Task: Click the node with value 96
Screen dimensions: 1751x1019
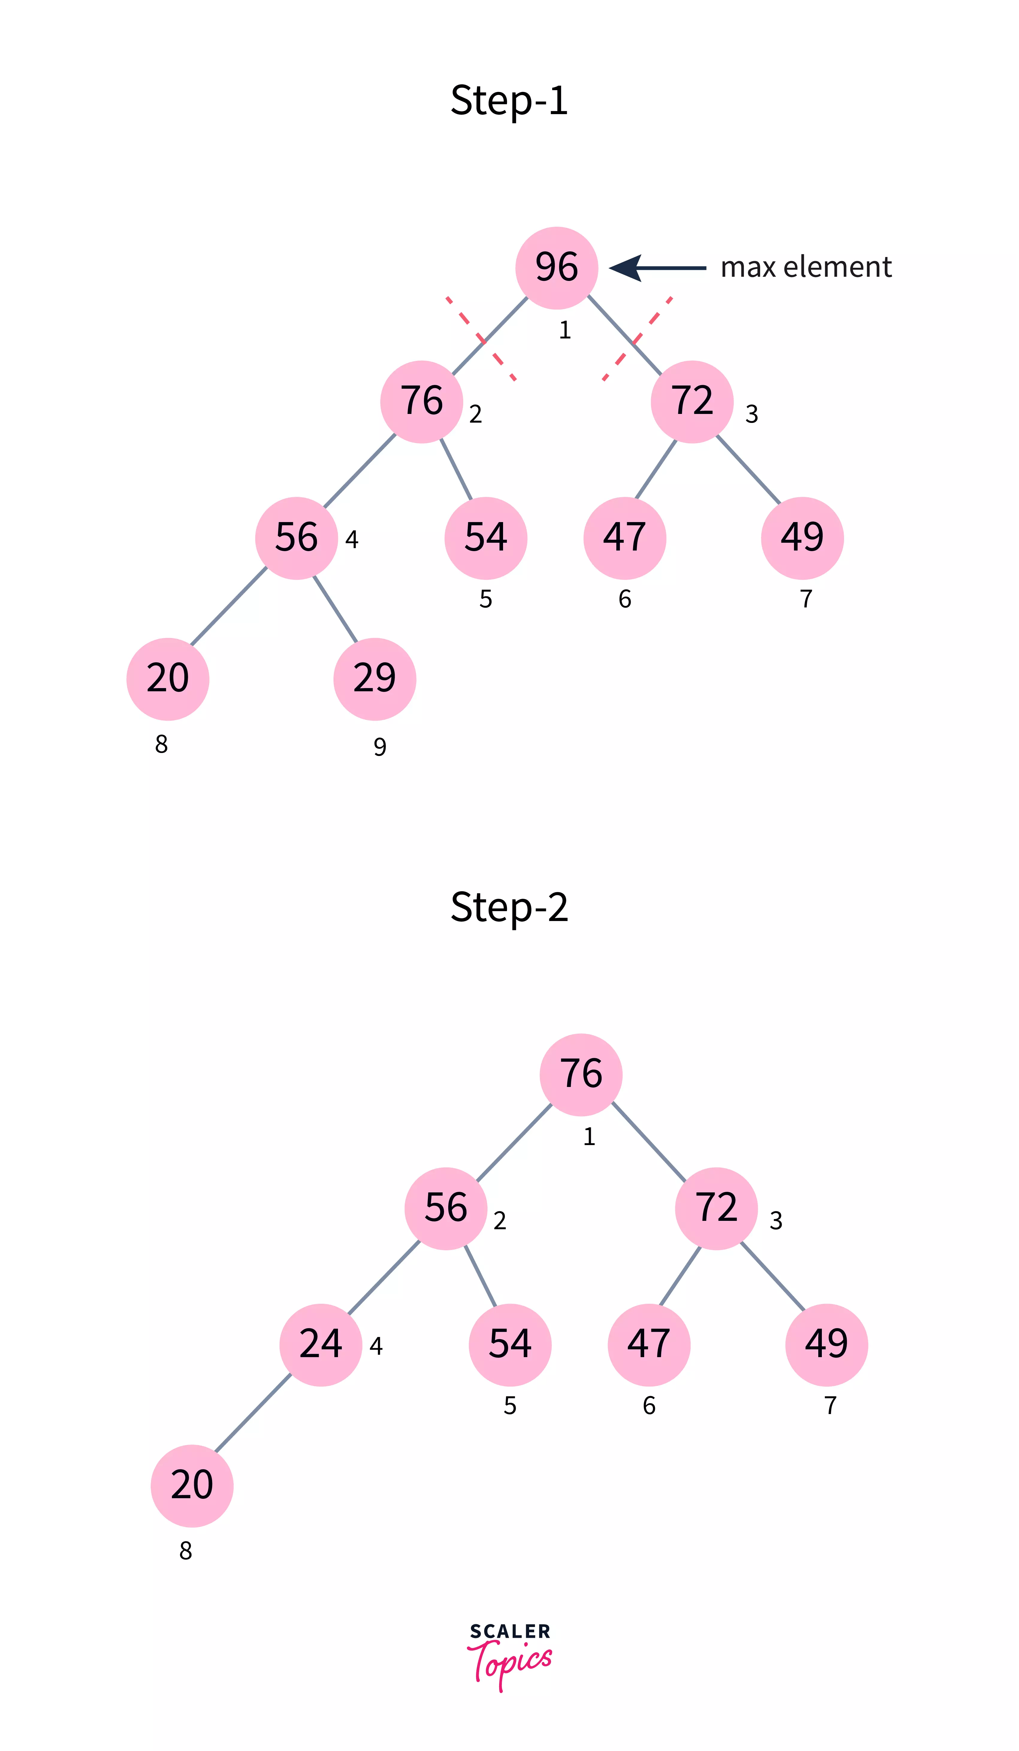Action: pyautogui.click(x=556, y=267)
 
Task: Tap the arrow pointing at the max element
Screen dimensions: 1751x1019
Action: pyautogui.click(x=657, y=267)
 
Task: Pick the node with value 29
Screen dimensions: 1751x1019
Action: pyautogui.click(x=375, y=678)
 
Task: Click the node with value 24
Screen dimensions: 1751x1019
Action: pyautogui.click(x=320, y=1345)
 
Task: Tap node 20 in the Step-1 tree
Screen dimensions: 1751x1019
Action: pyautogui.click(x=167, y=678)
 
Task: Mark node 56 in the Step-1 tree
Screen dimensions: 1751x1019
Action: pyautogui.click(x=296, y=538)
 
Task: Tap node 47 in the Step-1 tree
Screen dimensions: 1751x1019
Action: pyautogui.click(x=624, y=538)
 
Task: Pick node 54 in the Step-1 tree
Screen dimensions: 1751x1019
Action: pyautogui.click(x=485, y=538)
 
